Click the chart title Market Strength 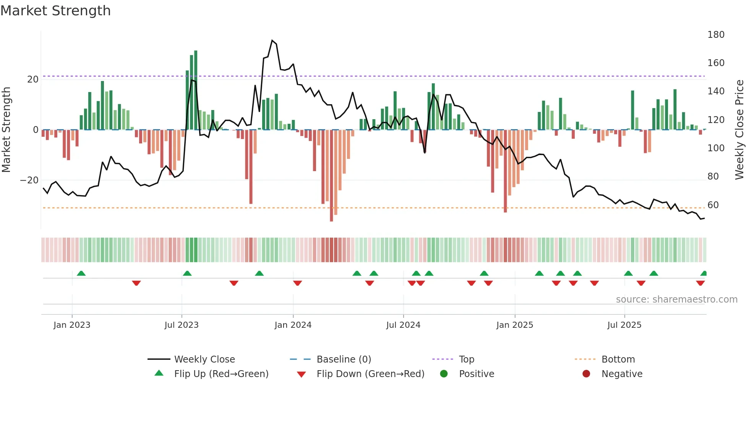[55, 11]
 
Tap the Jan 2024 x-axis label [293, 325]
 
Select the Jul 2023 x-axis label [182, 325]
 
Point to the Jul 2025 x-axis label [624, 325]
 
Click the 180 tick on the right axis [715, 35]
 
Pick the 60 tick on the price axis [713, 205]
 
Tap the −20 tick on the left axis [29, 180]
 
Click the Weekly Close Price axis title [739, 130]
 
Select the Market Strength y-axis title [6, 130]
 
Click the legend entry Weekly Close [204, 359]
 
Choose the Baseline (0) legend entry [344, 359]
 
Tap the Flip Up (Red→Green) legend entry [221, 374]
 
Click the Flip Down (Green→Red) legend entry [370, 374]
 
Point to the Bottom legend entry [618, 359]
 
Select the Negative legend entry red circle [586, 374]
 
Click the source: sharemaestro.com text [676, 300]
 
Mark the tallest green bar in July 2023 [196, 90]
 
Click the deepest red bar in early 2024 [331, 176]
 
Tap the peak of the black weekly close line [272, 40]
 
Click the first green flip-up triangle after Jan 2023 [81, 273]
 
